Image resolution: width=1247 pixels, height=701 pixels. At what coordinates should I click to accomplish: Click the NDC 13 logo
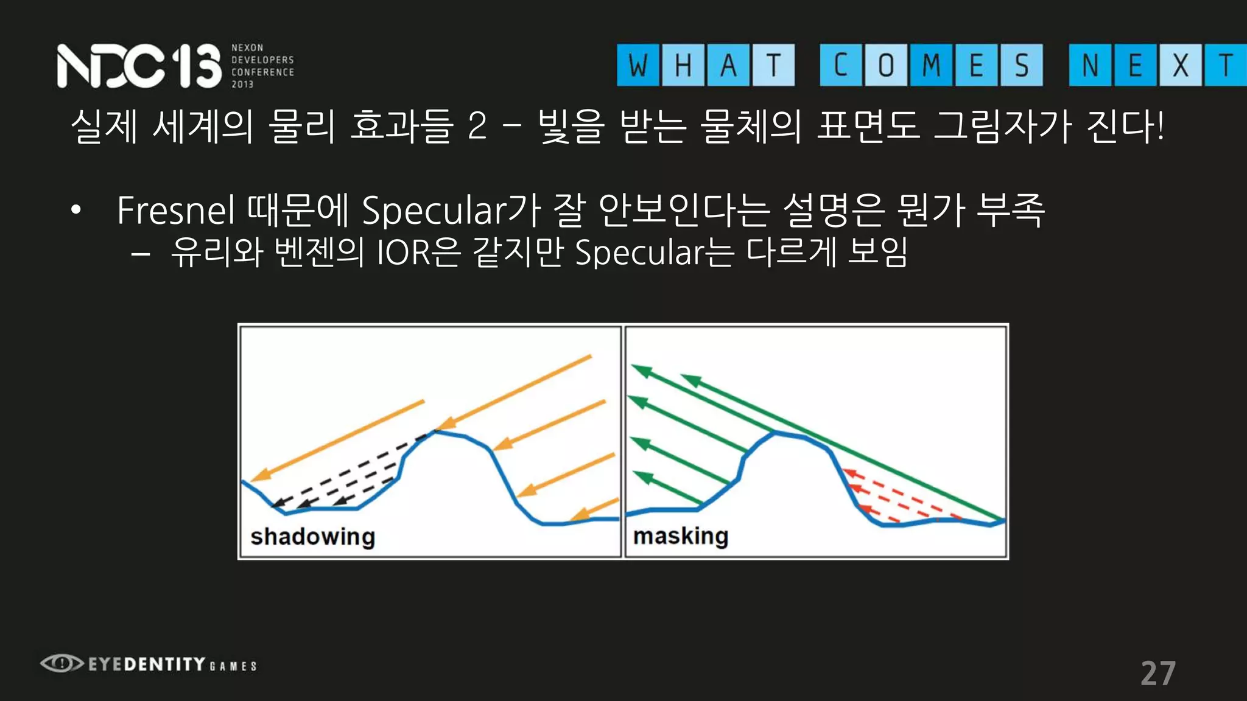139,66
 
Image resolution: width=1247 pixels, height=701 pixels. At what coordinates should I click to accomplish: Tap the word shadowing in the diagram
312,537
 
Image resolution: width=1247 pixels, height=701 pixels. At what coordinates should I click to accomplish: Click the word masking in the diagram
680,536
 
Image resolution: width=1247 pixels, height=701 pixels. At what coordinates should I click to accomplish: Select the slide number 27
1157,674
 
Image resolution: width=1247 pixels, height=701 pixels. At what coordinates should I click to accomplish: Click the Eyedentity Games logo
149,664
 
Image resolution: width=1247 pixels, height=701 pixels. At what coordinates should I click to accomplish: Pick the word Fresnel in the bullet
175,211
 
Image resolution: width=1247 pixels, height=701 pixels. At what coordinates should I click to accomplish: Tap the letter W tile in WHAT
638,65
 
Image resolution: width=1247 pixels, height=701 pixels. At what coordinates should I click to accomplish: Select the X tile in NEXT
1180,65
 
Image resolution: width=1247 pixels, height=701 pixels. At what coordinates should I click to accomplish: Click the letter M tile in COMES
931,65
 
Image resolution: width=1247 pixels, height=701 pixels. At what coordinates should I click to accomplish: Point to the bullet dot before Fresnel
76,211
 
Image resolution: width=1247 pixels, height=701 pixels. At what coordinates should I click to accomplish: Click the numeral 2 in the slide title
477,127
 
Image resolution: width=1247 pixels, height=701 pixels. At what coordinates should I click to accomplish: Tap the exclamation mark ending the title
1160,127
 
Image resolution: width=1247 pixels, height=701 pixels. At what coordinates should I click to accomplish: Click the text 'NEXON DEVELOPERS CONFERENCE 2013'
262,66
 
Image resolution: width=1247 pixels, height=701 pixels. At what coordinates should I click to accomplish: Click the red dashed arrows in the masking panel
895,496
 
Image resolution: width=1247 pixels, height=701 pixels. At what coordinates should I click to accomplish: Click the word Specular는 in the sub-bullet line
655,253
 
